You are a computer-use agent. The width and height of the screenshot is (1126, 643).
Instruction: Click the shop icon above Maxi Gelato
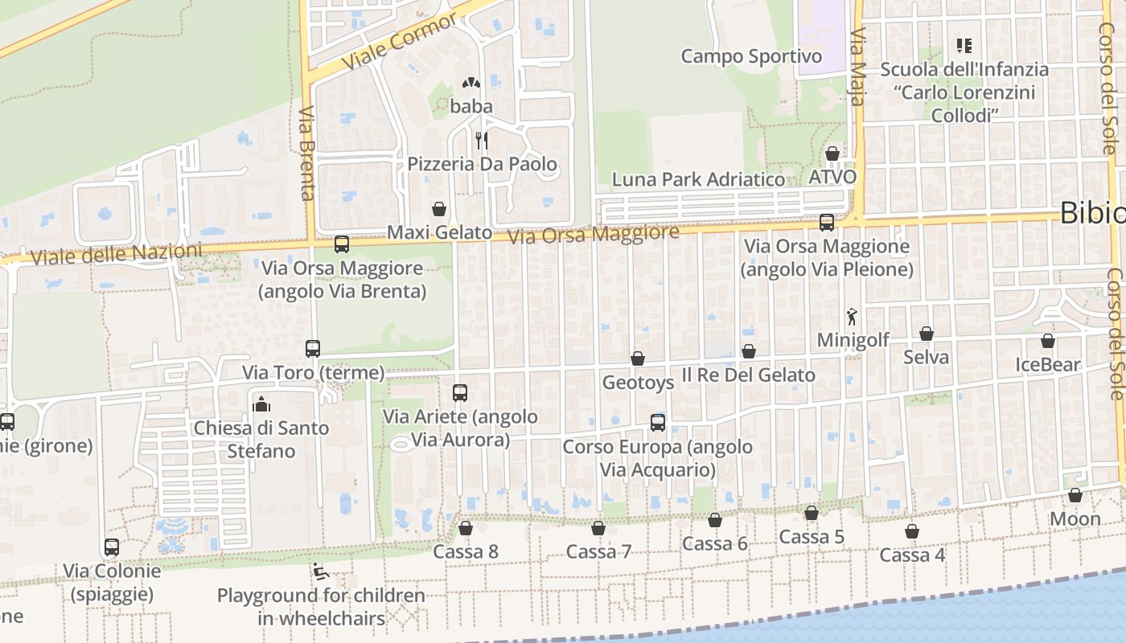tap(439, 209)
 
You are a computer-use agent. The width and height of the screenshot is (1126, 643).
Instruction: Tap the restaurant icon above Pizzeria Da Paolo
tap(482, 141)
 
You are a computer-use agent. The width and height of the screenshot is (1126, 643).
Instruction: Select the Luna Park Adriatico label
tap(698, 179)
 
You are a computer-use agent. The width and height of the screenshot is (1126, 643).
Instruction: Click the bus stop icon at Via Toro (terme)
tap(313, 349)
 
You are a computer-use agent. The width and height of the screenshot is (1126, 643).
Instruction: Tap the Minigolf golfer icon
tap(853, 317)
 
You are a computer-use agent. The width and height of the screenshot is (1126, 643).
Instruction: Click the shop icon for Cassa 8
tap(465, 528)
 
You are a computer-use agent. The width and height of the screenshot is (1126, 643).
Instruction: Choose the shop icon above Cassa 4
tap(912, 531)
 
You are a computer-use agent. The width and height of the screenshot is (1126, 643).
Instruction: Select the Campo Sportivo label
tap(751, 56)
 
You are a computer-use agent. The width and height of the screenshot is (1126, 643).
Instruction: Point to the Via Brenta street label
tap(306, 153)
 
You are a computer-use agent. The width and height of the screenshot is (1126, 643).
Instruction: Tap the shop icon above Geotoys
tap(638, 358)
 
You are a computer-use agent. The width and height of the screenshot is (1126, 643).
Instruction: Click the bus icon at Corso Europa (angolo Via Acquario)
tap(658, 423)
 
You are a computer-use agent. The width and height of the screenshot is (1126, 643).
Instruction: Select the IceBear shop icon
tap(1048, 341)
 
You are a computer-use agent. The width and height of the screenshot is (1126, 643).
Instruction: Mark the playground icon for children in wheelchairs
tap(320, 572)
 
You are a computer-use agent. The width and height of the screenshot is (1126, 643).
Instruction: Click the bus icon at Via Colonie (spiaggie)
tap(112, 547)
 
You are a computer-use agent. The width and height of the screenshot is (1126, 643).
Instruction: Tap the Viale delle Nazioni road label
tap(117, 254)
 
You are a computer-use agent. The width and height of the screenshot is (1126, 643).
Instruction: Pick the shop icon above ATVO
tap(832, 153)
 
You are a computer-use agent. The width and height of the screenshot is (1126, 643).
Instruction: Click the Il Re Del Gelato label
tap(748, 375)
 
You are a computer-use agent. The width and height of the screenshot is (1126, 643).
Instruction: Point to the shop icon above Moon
tap(1075, 495)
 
